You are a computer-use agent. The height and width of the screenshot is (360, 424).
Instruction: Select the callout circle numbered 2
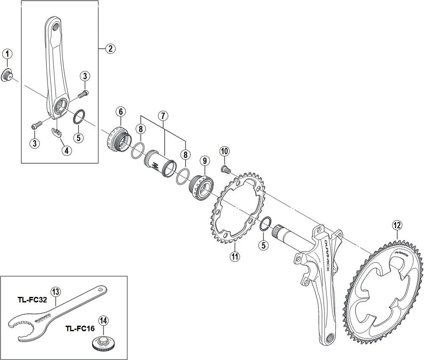[110, 48]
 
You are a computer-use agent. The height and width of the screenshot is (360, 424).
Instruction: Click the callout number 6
[120, 112]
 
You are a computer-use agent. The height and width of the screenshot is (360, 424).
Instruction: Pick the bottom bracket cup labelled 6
[117, 138]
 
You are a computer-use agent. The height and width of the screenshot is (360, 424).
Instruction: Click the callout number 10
[224, 151]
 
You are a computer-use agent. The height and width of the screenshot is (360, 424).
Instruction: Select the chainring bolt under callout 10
[225, 169]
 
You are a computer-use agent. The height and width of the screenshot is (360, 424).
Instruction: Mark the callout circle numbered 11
[235, 256]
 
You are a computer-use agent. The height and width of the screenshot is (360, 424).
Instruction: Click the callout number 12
[396, 226]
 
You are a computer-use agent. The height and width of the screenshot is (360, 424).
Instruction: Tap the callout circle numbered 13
[56, 291]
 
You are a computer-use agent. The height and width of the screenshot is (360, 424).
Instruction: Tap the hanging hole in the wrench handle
[100, 290]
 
